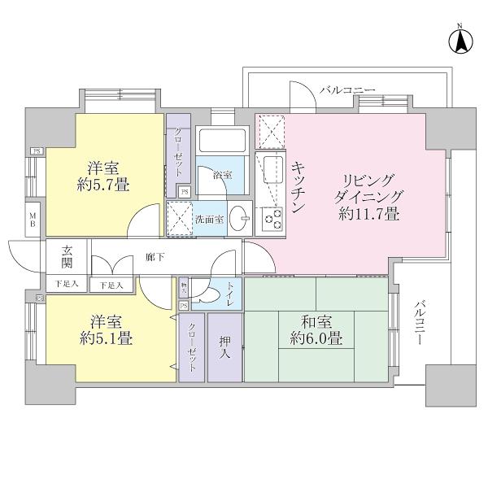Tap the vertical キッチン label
click(x=297, y=187)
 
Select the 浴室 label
click(x=221, y=175)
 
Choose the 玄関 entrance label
click(x=67, y=259)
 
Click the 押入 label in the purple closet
click(x=224, y=348)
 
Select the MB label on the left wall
click(x=33, y=220)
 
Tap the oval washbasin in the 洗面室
click(x=236, y=220)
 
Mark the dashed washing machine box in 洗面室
click(x=178, y=217)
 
